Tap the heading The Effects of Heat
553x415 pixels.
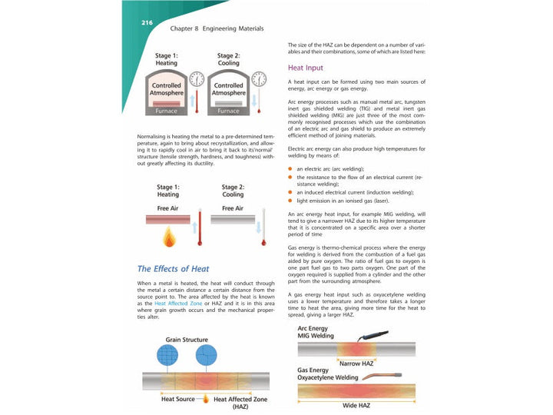[173, 269]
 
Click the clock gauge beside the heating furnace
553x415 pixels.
[196, 79]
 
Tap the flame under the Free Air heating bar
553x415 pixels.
[168, 237]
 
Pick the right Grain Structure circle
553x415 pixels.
[207, 355]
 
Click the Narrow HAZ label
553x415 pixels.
[356, 363]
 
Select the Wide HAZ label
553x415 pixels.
[356, 405]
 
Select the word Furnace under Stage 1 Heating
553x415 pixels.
[166, 111]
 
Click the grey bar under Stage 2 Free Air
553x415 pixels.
[232, 220]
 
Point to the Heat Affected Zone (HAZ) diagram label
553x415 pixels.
[240, 403]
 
